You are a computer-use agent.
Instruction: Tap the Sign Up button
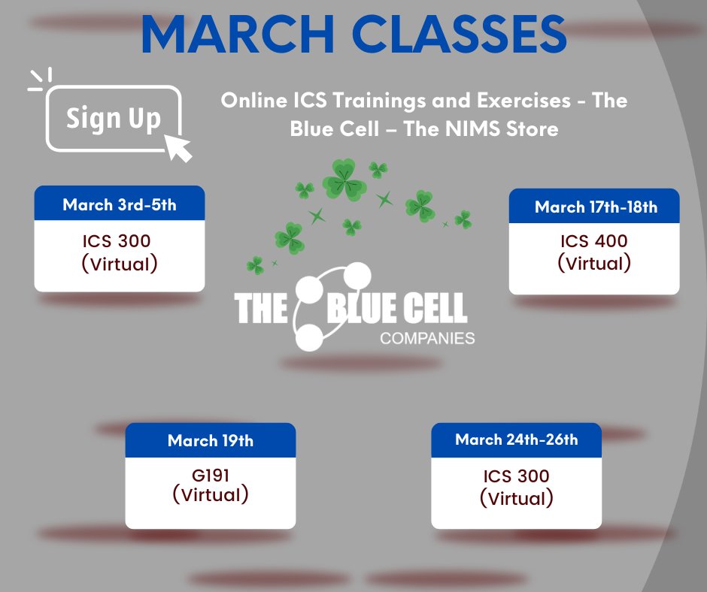(x=114, y=119)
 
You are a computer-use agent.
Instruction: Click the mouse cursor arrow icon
(x=178, y=146)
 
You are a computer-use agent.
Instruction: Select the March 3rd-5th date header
(x=119, y=204)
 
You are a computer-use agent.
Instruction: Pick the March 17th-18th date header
(x=595, y=207)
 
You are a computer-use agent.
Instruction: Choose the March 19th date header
(x=210, y=440)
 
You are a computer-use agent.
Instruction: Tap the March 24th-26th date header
(x=516, y=439)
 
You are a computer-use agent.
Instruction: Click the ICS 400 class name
(x=593, y=242)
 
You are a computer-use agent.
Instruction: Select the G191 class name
(x=210, y=475)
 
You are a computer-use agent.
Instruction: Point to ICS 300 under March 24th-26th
(x=516, y=476)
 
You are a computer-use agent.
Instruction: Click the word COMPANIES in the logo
(x=427, y=338)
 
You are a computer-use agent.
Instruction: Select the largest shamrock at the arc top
(x=344, y=179)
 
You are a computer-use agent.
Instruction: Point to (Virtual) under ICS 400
(x=593, y=263)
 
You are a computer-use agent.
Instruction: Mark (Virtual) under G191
(x=210, y=495)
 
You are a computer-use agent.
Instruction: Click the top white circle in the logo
(x=357, y=275)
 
